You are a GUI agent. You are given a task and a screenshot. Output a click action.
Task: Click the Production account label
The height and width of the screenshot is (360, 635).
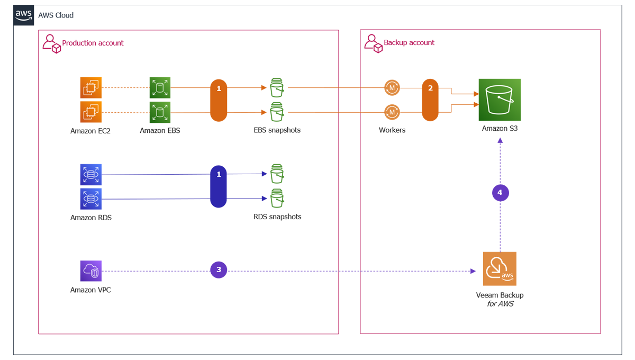click(93, 43)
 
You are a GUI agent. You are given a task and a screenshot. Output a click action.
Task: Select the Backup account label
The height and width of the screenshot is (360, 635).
click(409, 42)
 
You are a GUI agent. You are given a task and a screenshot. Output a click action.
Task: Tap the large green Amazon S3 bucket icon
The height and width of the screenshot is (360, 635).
click(500, 100)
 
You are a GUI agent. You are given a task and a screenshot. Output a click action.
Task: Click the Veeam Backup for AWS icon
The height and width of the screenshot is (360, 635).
click(500, 269)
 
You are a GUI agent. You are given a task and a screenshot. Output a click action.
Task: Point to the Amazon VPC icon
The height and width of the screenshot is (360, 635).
click(91, 271)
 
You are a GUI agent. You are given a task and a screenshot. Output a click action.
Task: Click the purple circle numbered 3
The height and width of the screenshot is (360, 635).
click(219, 270)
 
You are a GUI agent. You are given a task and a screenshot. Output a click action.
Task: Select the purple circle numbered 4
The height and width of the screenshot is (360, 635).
click(500, 193)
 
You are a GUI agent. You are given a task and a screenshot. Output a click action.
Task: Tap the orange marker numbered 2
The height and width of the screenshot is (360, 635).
click(430, 100)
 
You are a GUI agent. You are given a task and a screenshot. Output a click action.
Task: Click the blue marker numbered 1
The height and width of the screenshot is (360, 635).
click(219, 187)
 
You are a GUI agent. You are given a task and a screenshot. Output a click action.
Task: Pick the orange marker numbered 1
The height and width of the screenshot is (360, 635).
click(219, 100)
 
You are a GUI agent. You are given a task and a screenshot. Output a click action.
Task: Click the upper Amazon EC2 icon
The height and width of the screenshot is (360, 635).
click(91, 88)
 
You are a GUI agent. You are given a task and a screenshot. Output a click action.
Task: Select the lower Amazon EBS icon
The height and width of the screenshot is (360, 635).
click(160, 112)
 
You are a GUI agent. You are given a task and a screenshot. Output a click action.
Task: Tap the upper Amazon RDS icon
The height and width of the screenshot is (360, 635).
click(91, 175)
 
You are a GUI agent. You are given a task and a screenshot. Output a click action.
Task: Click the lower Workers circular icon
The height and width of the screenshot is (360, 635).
click(392, 112)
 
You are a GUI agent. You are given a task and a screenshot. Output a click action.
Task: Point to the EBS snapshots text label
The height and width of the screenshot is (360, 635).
click(277, 130)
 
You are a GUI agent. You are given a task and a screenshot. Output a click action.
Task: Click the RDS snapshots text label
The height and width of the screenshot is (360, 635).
click(277, 217)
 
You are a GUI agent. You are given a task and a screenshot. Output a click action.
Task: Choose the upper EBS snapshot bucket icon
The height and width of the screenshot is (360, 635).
click(277, 88)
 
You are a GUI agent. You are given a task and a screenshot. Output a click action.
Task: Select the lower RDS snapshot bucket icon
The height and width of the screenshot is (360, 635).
click(277, 199)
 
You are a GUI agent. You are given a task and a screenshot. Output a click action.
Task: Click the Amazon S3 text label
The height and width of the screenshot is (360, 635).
click(500, 128)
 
